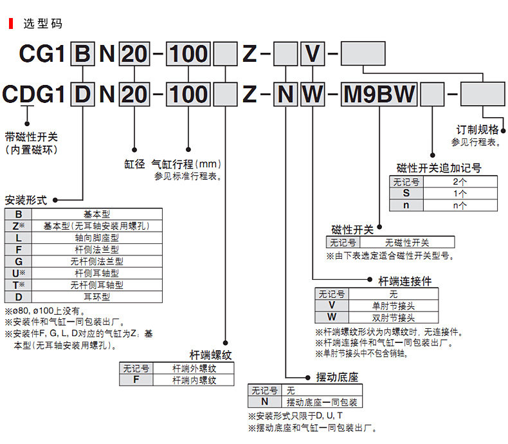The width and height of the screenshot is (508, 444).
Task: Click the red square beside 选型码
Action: click(x=11, y=24)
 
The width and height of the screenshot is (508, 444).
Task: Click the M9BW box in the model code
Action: click(x=379, y=95)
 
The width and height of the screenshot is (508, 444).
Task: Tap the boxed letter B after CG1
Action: click(x=82, y=54)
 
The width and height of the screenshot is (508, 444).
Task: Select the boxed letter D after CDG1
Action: click(x=82, y=95)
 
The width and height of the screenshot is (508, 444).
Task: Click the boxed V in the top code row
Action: click(x=313, y=54)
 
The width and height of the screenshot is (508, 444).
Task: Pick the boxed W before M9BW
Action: click(x=313, y=95)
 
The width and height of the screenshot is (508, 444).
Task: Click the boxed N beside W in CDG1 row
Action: click(x=286, y=95)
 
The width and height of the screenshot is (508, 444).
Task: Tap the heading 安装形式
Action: click(x=26, y=200)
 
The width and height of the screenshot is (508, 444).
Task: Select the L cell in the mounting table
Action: click(x=19, y=238)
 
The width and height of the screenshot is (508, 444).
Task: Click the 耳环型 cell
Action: click(x=97, y=297)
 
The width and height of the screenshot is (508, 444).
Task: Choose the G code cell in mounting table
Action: click(x=19, y=261)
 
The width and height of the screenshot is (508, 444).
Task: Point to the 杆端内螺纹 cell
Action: click(x=194, y=380)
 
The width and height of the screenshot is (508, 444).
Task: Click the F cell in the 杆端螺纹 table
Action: click(x=136, y=380)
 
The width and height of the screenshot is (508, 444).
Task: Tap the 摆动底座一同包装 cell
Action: click(x=322, y=402)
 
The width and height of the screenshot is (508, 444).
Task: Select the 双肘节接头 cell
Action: click(x=394, y=317)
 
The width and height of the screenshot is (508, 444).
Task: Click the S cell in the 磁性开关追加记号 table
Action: click(x=406, y=194)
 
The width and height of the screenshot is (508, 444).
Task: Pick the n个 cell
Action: click(x=460, y=205)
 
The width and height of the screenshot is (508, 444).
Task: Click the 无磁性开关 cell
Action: click(x=407, y=243)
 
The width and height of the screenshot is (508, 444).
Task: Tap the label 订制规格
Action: click(x=478, y=129)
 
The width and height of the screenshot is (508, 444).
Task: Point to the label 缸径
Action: click(x=134, y=164)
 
